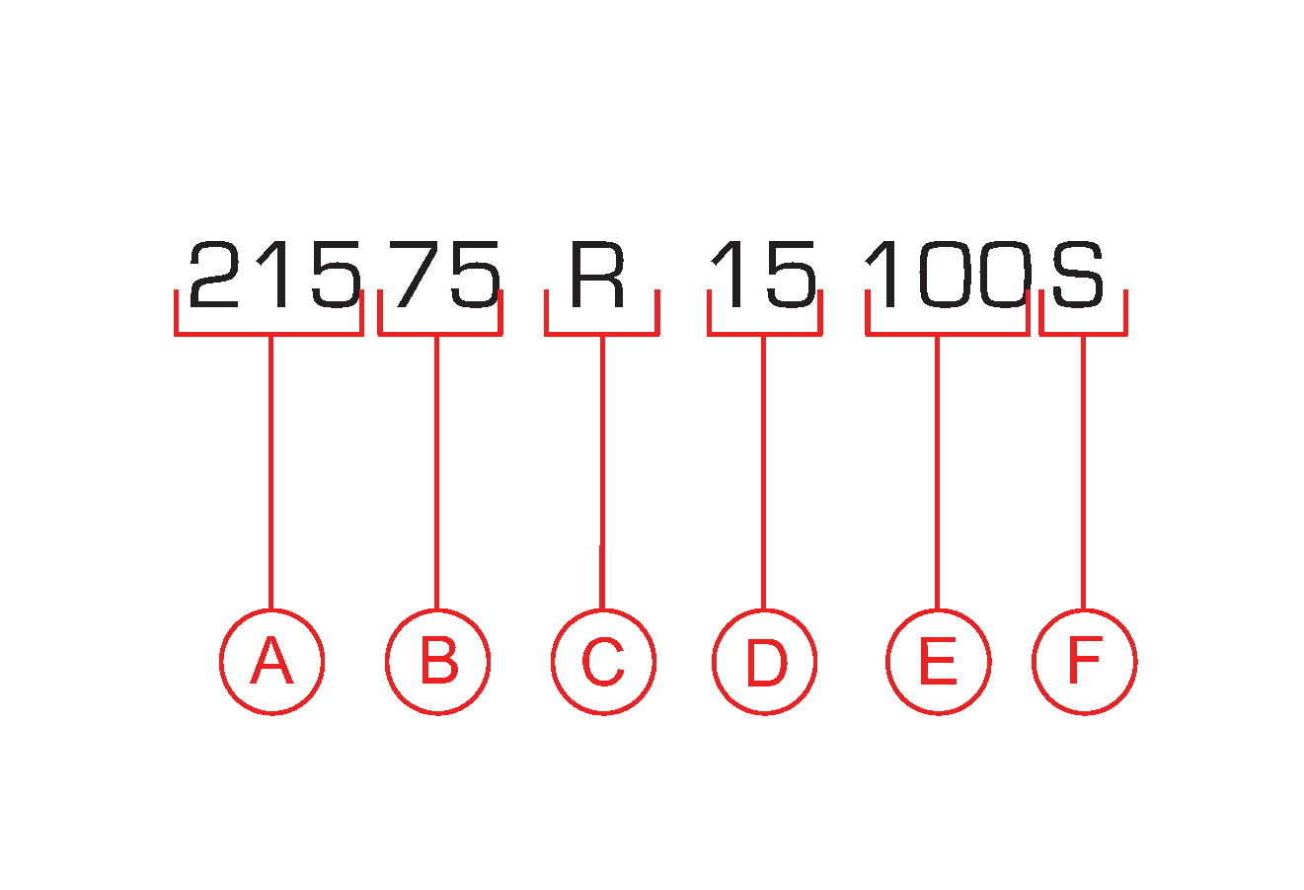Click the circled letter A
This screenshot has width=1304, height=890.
coord(271,662)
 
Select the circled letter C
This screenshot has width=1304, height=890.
coord(604,662)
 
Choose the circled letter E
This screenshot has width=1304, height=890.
coord(939,662)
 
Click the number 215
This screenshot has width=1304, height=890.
coord(274,275)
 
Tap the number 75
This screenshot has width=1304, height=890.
coord(448,275)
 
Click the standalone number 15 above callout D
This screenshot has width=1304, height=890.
coord(763,275)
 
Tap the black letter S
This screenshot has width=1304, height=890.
coord(1078,275)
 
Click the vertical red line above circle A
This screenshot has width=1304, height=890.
coord(270,473)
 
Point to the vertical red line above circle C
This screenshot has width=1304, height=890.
coord(602,473)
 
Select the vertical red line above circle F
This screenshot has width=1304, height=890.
coord(1083,473)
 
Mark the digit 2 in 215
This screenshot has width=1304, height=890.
coord(214,275)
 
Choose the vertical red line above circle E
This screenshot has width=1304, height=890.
coord(937,473)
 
